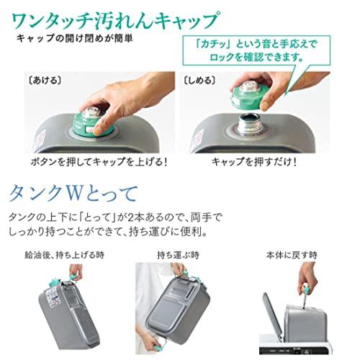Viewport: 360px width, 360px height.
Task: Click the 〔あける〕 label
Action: tap(40, 76)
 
